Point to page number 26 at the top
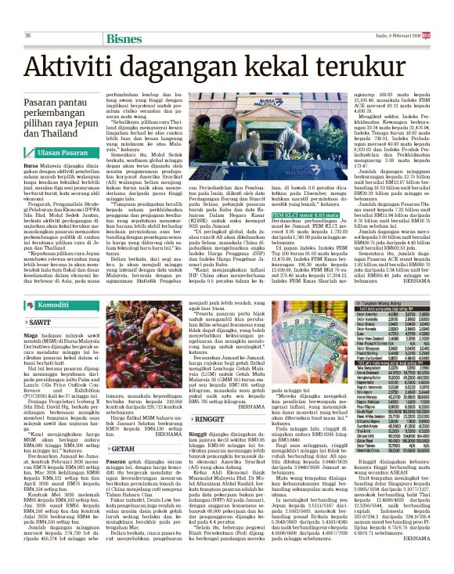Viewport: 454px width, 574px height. (28, 36)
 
